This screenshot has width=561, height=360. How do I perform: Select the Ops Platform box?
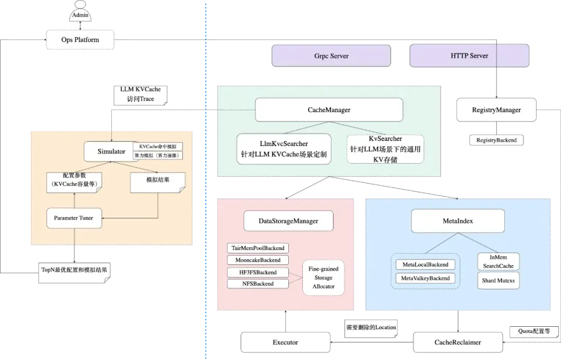tap(81, 39)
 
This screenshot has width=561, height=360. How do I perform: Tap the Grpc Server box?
tap(331, 56)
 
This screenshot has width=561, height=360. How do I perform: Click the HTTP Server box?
tap(470, 56)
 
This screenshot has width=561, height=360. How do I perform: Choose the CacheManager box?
tap(329, 110)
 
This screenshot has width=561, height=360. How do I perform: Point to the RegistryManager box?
tap(496, 110)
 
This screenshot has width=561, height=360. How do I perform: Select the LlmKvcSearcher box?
tap(284, 149)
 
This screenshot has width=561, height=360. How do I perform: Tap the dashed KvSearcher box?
tap(385, 149)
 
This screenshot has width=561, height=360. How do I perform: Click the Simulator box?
tap(111, 152)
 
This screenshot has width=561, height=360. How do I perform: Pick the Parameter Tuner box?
tap(74, 218)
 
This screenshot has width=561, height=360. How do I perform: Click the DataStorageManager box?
tap(288, 221)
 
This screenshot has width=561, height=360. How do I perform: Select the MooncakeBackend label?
tap(258, 260)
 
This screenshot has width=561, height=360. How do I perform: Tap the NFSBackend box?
tap(258, 284)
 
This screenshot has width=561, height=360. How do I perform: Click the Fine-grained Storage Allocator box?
tap(324, 277)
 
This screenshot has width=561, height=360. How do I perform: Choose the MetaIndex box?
tap(458, 221)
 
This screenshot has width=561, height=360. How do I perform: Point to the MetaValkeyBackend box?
tap(425, 278)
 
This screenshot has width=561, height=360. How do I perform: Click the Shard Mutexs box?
tap(499, 281)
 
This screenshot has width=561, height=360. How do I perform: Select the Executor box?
tap(285, 342)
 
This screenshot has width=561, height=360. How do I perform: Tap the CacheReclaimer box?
tap(458, 342)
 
